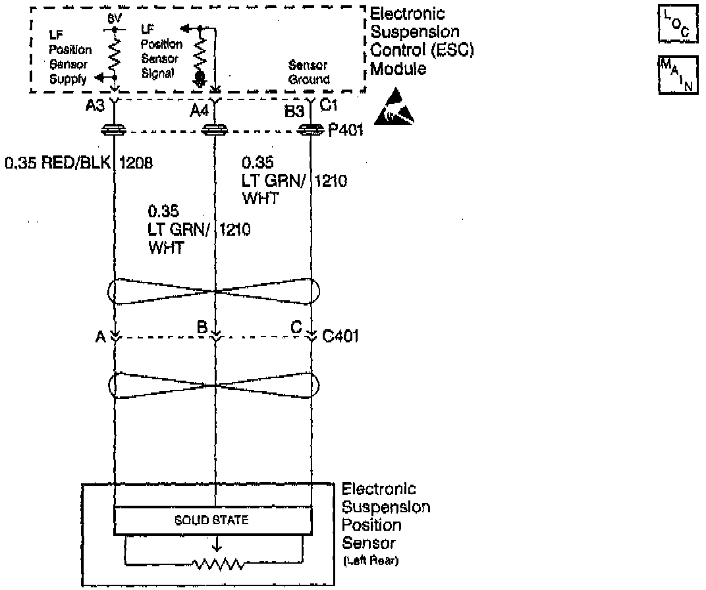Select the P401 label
click(x=344, y=131)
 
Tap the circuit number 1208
click(x=136, y=163)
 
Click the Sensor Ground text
click(x=309, y=72)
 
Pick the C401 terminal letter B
click(x=202, y=327)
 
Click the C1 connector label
click(x=329, y=104)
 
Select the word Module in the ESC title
click(x=395, y=69)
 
